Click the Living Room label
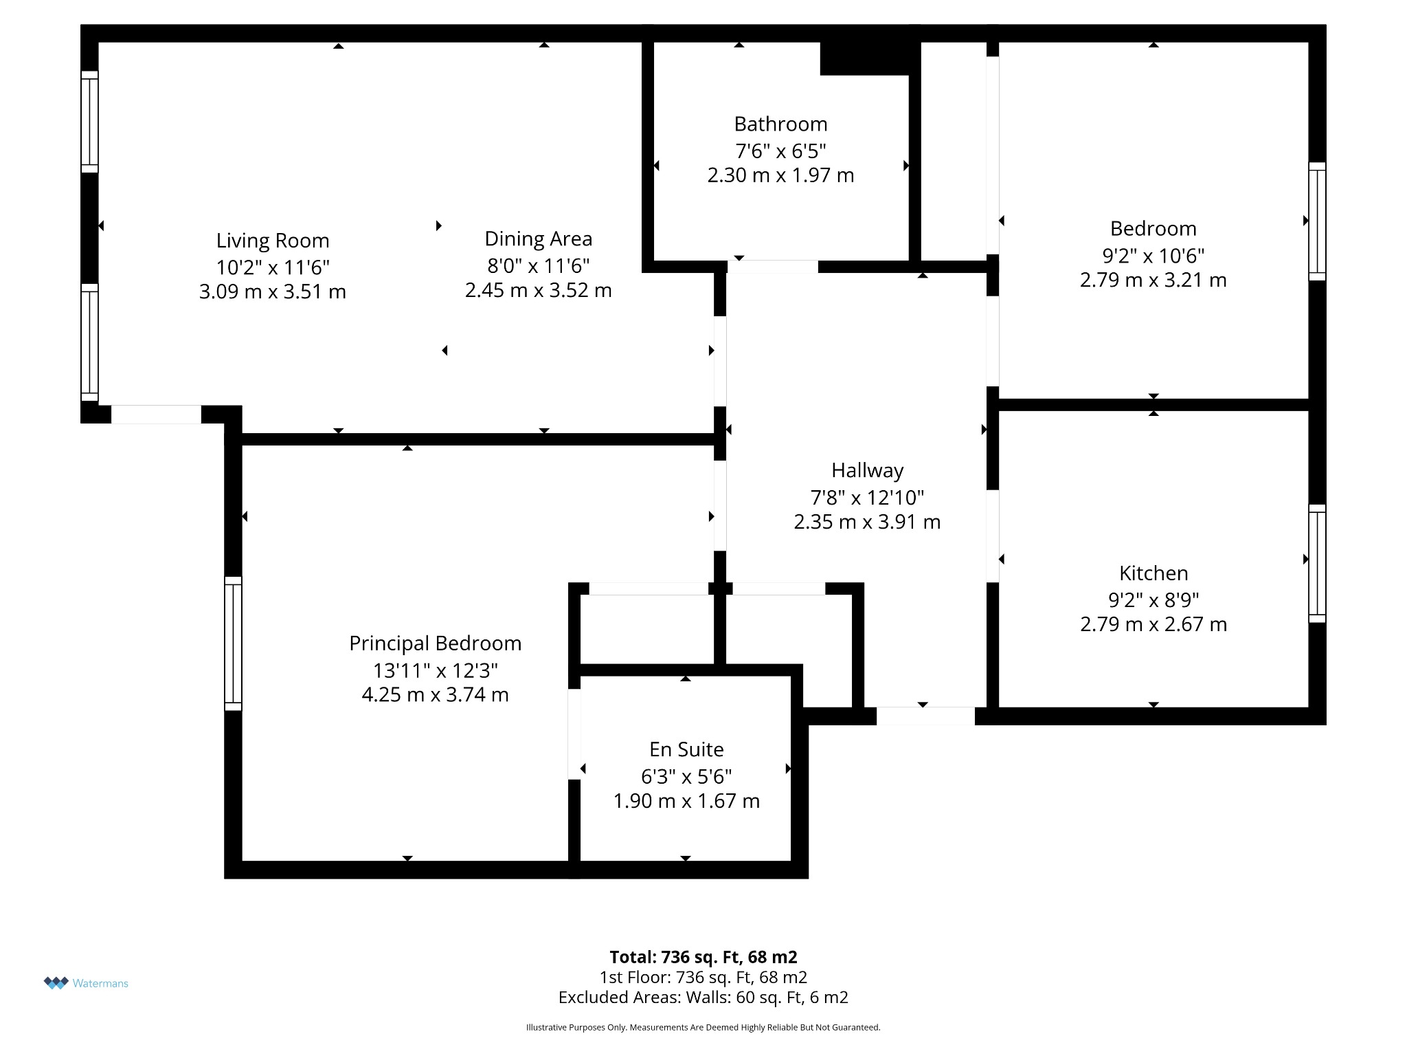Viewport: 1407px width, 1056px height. (x=273, y=241)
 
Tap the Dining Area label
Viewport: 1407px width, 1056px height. (x=539, y=239)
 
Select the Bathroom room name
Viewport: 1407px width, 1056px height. (x=780, y=124)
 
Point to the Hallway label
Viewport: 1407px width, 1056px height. (x=867, y=470)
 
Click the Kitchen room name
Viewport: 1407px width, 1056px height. (x=1153, y=573)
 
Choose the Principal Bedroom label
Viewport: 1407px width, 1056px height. (x=436, y=643)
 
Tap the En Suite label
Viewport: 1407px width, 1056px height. (x=686, y=749)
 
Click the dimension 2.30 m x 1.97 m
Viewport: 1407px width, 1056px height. (x=780, y=175)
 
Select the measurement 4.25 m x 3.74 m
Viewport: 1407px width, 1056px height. (x=436, y=695)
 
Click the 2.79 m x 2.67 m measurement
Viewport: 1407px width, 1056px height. (x=1153, y=624)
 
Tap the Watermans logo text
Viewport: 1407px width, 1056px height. (x=100, y=983)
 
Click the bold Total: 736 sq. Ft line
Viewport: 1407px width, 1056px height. (x=703, y=957)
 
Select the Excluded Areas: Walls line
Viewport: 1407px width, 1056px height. (x=703, y=997)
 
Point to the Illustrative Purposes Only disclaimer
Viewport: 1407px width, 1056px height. (x=703, y=1027)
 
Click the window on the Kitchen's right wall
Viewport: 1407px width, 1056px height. (x=1317, y=564)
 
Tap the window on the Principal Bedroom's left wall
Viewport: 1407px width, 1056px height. (x=234, y=643)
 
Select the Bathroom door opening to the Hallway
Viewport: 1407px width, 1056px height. (x=773, y=267)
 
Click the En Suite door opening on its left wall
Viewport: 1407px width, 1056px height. (x=574, y=734)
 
